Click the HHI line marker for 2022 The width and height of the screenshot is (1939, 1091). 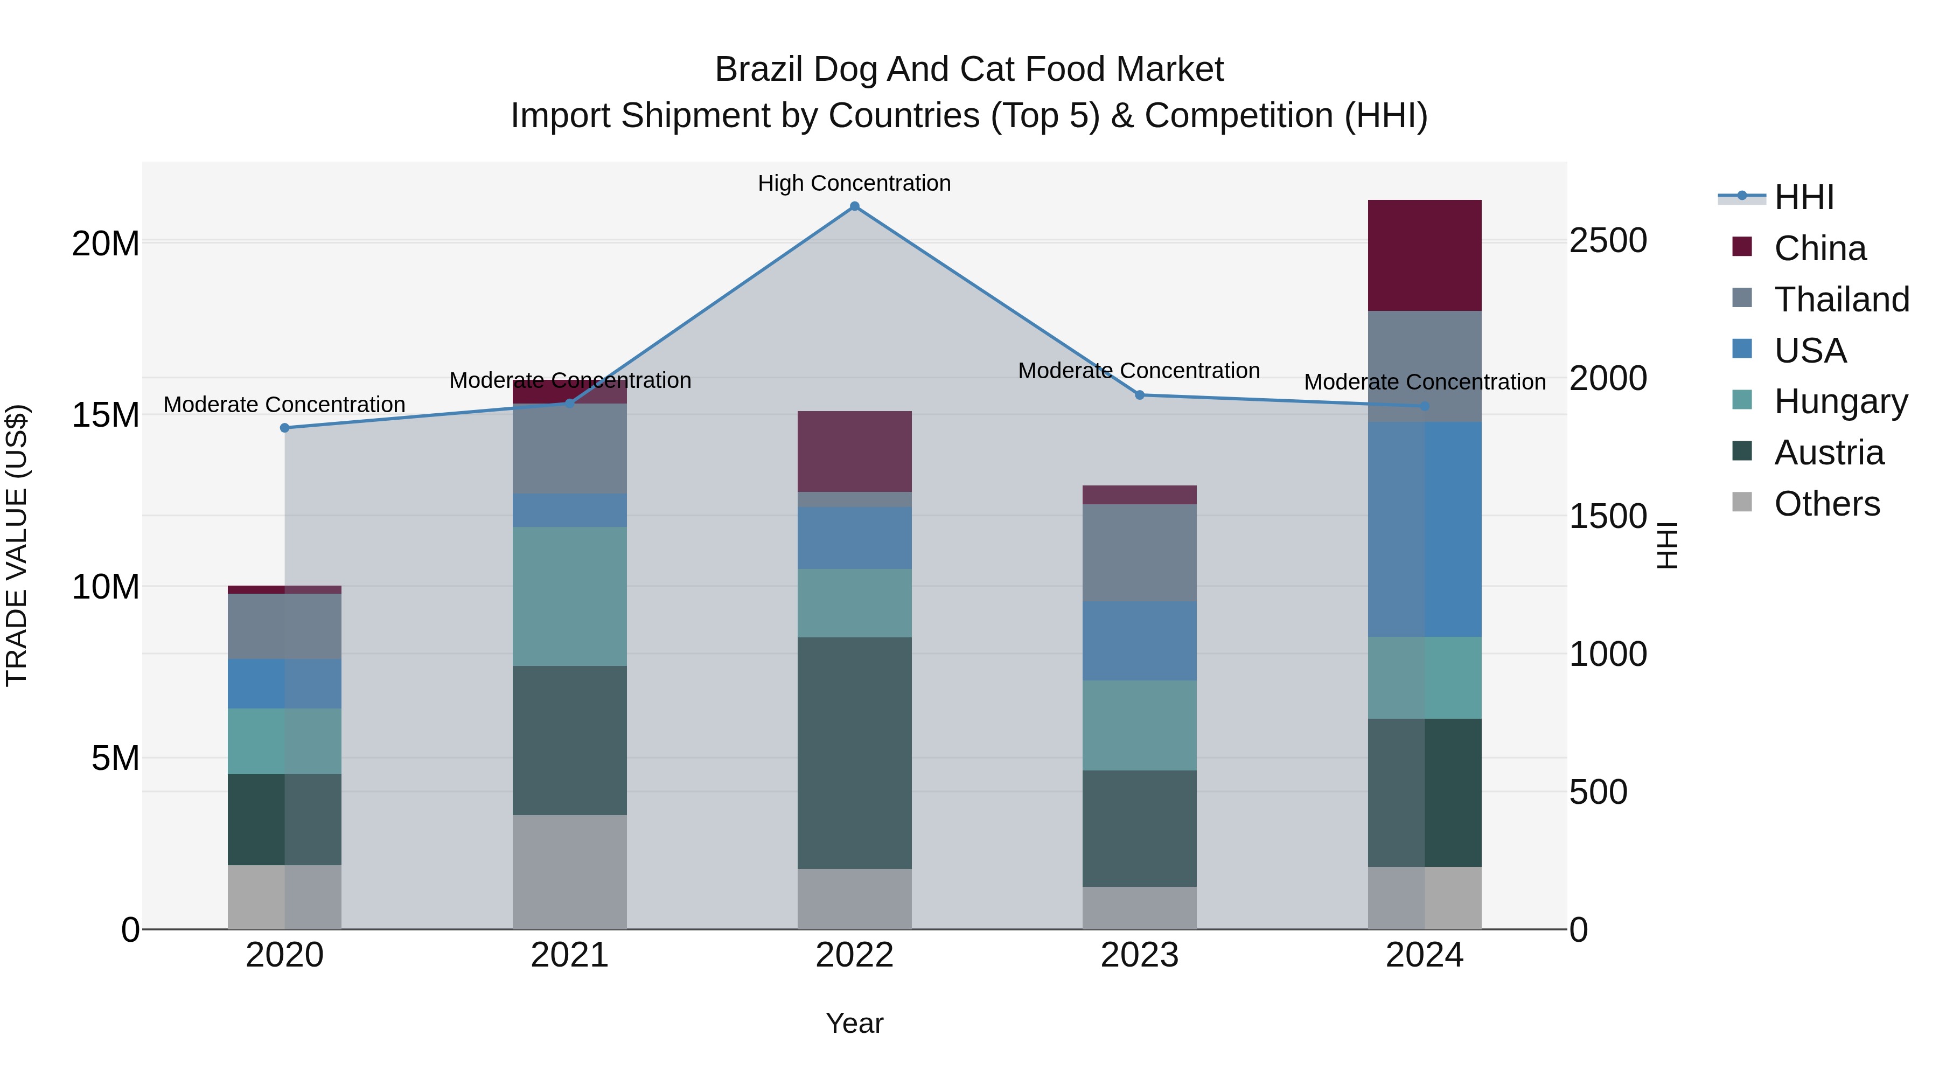pyautogui.click(x=854, y=206)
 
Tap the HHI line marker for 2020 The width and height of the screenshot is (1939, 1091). pyautogui.click(x=284, y=428)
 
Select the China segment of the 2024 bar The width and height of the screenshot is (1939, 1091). pyautogui.click(x=1424, y=255)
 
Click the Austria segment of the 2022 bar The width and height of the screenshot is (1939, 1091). pyautogui.click(x=854, y=753)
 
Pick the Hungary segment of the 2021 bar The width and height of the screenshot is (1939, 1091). pyautogui.click(x=569, y=596)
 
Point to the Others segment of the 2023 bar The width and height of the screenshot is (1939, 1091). pyautogui.click(x=1139, y=907)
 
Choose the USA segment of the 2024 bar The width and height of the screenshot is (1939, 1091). pyautogui.click(x=1424, y=529)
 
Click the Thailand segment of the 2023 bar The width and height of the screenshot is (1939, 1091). pyautogui.click(x=1139, y=553)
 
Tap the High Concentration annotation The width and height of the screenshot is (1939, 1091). pyautogui.click(x=854, y=183)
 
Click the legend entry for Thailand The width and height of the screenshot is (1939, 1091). pyautogui.click(x=1841, y=299)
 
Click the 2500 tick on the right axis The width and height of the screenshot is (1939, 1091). pyautogui.click(x=1608, y=241)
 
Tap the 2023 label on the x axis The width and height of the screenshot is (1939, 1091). pyautogui.click(x=1139, y=955)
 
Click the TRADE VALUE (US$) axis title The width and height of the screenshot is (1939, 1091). pyautogui.click(x=17, y=545)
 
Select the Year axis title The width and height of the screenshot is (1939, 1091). pyautogui.click(x=854, y=1023)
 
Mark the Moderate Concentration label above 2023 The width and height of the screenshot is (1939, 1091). pyautogui.click(x=1139, y=371)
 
